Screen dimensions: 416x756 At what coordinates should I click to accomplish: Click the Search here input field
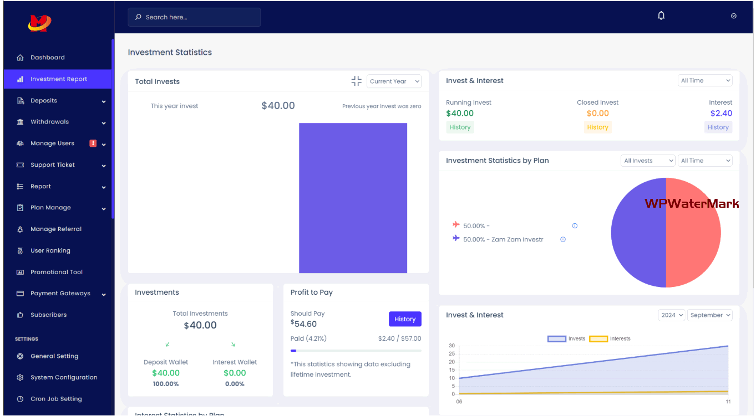(194, 17)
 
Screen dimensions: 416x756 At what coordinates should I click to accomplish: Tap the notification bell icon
(661, 16)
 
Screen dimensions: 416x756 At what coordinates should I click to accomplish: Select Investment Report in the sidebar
(58, 79)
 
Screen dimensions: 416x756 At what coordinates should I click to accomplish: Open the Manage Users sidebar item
(52, 143)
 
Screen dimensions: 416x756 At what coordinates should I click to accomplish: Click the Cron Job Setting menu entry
(55, 399)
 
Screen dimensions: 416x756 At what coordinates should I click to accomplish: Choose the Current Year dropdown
(394, 81)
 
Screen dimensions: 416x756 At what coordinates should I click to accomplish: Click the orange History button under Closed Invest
(597, 127)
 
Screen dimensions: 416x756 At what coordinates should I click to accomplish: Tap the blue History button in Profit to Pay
(405, 319)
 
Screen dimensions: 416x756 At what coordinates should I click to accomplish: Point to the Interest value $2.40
(721, 114)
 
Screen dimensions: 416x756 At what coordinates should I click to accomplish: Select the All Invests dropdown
(648, 161)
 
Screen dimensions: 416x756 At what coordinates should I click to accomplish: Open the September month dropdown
(710, 315)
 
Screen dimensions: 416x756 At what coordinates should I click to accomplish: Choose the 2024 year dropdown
(672, 315)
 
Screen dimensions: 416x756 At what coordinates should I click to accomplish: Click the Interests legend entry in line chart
(610, 338)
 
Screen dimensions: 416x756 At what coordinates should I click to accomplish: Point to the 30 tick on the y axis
(452, 346)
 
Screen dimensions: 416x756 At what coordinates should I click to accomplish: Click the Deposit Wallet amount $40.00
(166, 373)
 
